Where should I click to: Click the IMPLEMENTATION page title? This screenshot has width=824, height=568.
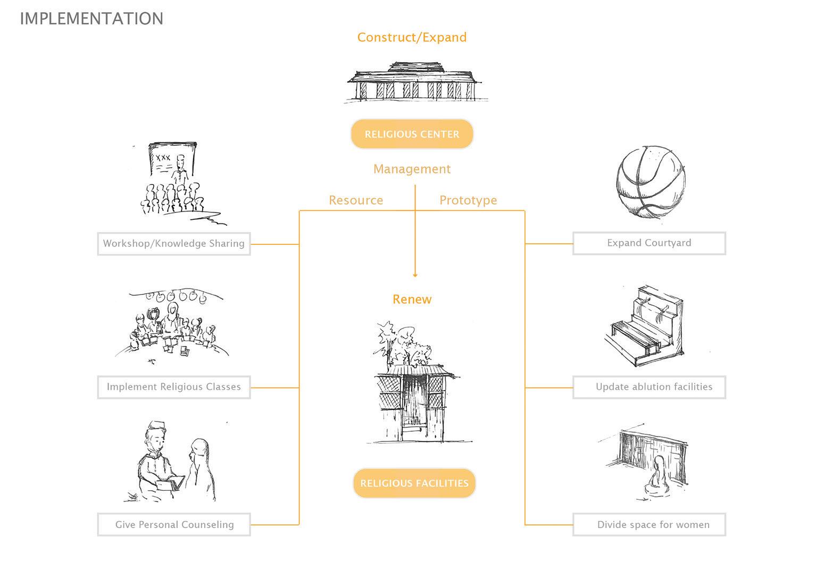91,19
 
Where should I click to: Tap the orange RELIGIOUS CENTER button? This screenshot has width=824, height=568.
412,134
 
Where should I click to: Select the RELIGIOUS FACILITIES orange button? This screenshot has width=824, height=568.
414,483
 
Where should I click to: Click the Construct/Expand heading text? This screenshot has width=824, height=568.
412,37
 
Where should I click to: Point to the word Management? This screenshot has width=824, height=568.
412,169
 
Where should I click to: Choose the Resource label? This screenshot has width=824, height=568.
356,200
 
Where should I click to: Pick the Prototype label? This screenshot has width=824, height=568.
468,200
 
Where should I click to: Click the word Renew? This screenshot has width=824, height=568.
412,299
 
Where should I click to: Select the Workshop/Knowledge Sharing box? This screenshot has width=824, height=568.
174,244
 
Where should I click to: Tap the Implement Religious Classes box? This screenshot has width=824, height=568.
174,387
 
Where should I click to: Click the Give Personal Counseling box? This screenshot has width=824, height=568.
174,525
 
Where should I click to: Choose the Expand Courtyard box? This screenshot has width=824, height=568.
649,243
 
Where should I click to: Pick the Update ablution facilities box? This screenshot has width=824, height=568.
649,387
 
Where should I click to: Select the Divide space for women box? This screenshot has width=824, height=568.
649,525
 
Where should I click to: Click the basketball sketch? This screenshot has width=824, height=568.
650,183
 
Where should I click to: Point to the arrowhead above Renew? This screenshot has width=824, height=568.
415,275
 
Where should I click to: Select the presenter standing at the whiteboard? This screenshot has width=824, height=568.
181,168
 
